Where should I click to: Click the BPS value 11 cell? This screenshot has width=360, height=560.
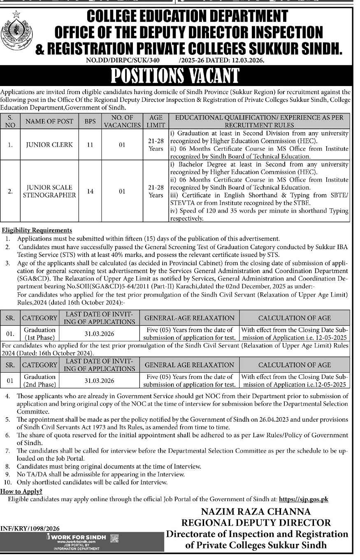click(x=89, y=145)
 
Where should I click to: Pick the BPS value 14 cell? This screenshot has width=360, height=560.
click(x=89, y=191)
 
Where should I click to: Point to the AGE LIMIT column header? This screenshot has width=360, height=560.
click(x=156, y=121)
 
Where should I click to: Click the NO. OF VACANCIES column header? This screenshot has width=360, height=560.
click(x=122, y=121)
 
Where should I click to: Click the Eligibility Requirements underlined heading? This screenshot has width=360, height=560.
click(x=37, y=230)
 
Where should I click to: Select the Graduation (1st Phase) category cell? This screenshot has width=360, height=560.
click(x=39, y=334)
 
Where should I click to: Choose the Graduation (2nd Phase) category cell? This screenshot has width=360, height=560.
click(x=39, y=380)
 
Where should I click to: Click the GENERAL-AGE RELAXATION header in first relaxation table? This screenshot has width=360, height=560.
click(x=190, y=318)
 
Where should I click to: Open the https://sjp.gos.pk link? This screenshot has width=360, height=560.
click(x=303, y=499)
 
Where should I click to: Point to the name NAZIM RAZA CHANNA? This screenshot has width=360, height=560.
click(x=256, y=512)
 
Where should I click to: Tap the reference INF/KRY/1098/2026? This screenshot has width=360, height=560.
click(x=30, y=529)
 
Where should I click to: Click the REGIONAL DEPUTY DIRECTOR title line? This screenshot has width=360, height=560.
click(x=256, y=523)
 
